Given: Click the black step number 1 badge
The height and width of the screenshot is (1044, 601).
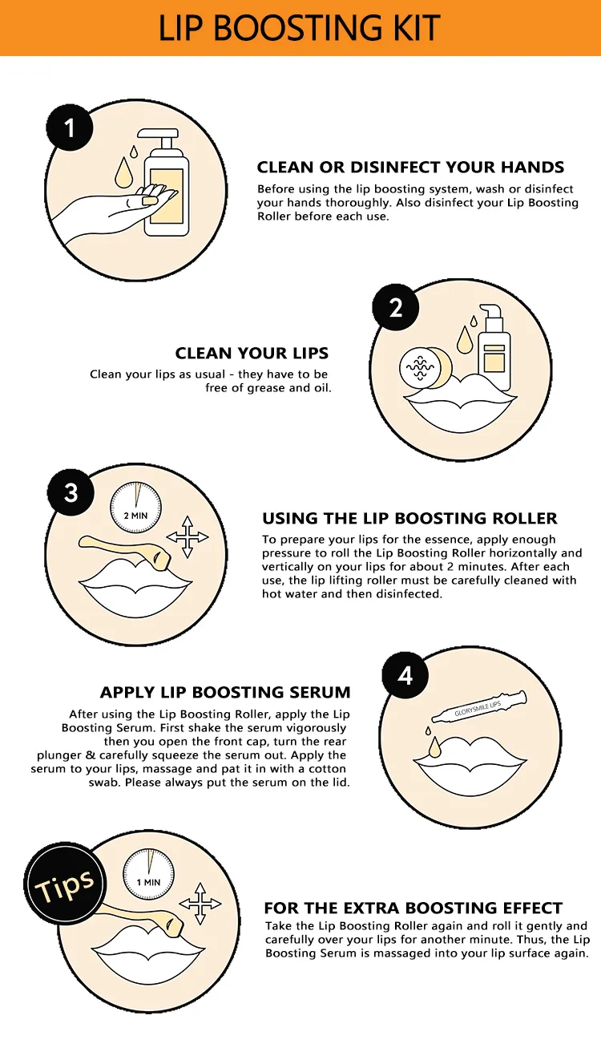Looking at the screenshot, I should [70, 127].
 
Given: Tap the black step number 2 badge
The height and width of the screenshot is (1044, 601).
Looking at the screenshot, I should [395, 307].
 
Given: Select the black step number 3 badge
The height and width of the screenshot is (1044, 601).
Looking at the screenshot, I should [71, 491].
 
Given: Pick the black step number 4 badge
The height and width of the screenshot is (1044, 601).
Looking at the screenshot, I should [405, 674].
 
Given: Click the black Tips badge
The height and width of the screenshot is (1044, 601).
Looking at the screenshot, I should [63, 884].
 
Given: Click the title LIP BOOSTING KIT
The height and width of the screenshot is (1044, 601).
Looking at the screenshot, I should [300, 28].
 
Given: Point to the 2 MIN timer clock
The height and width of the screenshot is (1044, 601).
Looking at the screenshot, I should [136, 508].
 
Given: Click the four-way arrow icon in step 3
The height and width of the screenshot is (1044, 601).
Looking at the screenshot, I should [188, 536].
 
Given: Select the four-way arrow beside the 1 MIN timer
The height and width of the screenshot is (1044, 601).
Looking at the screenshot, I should [200, 904].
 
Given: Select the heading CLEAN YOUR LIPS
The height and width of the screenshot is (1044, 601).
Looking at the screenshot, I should [252, 354].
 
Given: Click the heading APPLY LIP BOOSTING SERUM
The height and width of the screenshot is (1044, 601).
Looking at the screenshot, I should [225, 692].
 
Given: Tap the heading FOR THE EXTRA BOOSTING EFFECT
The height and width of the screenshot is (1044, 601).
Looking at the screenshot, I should [413, 908].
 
